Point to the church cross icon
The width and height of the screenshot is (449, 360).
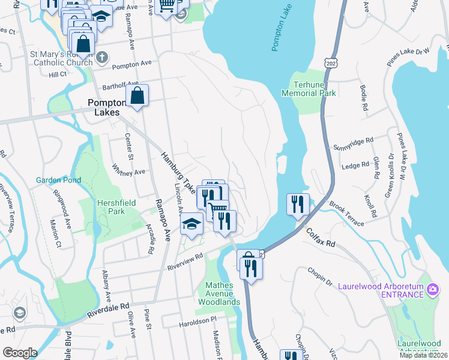tap(102, 58)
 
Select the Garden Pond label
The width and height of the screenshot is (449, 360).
tap(58, 180)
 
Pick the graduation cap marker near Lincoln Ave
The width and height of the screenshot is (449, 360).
tap(191, 224)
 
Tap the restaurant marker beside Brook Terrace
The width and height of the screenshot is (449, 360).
tap(298, 204)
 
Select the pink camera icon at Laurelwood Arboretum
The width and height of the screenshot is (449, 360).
tap(433, 291)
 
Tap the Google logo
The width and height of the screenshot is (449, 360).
tap(20, 353)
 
